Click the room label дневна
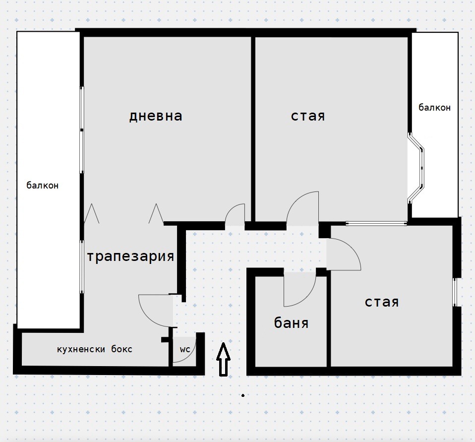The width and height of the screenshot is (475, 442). pos(156,116)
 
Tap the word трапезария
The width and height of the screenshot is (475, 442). pos(130,256)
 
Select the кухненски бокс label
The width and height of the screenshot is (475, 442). pos(95,349)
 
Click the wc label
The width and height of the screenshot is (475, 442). pos(185,349)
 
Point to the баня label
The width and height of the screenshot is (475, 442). pos(291,323)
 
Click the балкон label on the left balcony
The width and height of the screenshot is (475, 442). pos(43,185)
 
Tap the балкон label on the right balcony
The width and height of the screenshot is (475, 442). pos(434,107)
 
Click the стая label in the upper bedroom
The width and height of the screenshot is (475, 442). pos(308,116)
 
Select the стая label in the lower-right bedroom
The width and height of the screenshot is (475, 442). pos(382,302)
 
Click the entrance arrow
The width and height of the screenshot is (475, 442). pos(223,360)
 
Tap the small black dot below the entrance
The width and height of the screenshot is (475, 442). pos(243,395)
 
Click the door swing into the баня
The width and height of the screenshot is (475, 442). pos(308,297)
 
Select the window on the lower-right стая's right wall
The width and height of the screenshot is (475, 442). pos(455,292)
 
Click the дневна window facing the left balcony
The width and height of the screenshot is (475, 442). pos(82,130)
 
